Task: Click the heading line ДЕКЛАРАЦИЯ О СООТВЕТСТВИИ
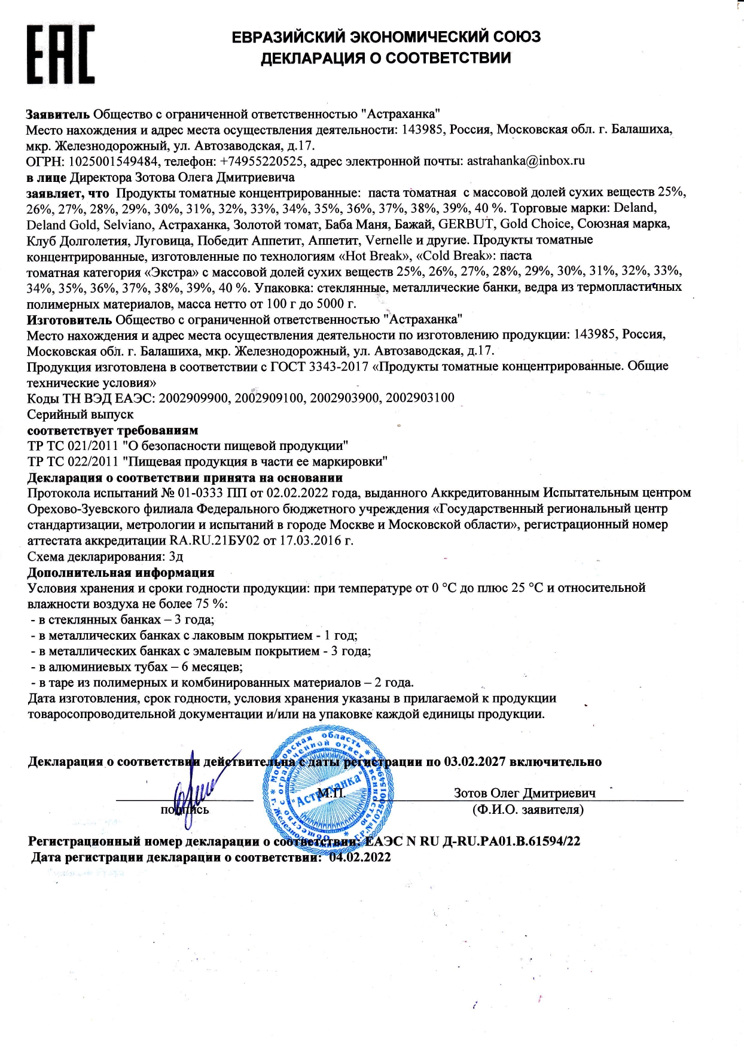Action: [x=386, y=58]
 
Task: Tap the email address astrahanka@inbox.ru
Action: [x=526, y=161]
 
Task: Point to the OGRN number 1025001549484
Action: [x=114, y=161]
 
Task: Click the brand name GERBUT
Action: [x=466, y=224]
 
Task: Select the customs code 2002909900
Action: [x=194, y=398]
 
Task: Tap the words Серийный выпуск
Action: [x=81, y=414]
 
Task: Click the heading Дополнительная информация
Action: [x=121, y=573]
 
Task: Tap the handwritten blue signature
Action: [x=197, y=793]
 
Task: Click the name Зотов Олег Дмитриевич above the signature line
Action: [x=525, y=793]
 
